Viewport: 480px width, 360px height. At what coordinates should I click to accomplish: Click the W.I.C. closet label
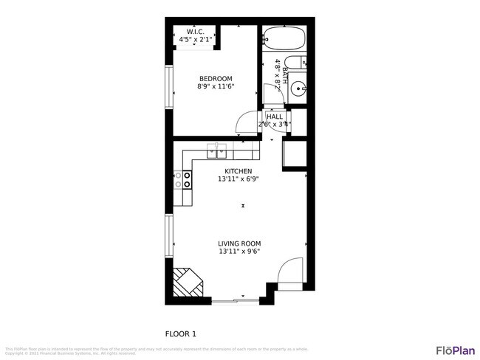196,32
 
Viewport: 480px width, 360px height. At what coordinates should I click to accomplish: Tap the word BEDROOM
216,79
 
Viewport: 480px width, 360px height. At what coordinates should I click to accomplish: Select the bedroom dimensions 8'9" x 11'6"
216,87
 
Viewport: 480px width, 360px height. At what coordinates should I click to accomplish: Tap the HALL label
275,117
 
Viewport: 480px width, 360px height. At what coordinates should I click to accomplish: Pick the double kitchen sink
217,151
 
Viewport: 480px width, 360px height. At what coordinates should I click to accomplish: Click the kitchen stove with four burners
182,179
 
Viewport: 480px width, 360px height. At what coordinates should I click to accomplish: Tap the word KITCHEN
238,171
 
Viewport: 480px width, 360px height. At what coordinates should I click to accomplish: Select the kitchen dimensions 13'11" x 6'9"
238,179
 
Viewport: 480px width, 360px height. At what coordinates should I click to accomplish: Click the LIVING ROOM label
239,243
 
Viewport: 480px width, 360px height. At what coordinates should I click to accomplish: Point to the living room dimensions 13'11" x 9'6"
239,252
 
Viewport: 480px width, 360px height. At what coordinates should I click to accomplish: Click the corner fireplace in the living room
186,283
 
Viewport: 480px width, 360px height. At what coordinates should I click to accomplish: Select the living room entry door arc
290,271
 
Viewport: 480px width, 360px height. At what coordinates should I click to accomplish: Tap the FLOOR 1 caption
180,333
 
